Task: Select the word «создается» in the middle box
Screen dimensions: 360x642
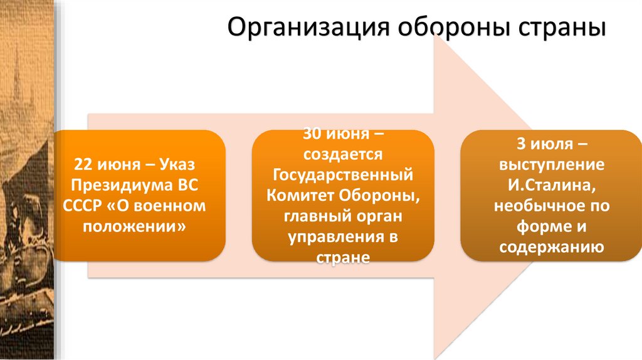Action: coord(342,154)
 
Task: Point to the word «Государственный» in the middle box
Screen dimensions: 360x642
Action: coord(342,174)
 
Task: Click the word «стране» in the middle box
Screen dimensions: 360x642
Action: coord(342,257)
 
